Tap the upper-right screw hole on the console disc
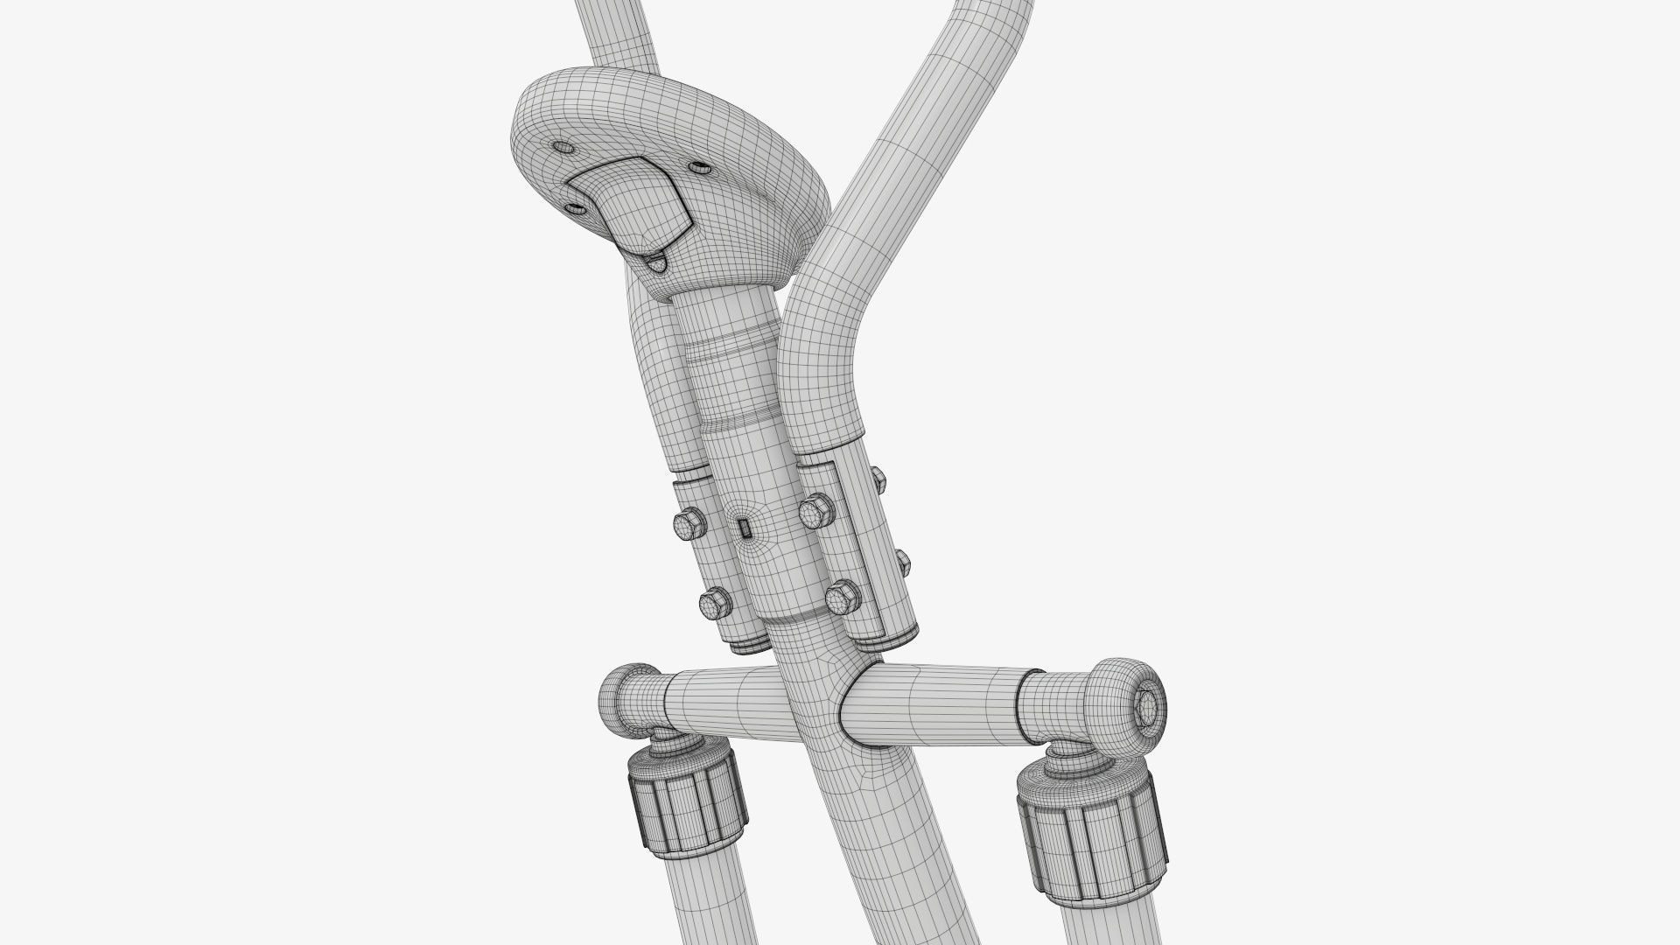pyautogui.click(x=697, y=166)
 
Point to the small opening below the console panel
pyautogui.click(x=654, y=260)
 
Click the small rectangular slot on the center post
pyautogui.click(x=744, y=528)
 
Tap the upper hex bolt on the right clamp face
pyautogui.click(x=815, y=510)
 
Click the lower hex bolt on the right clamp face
pyautogui.click(x=842, y=598)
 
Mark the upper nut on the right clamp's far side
pyautogui.click(x=878, y=477)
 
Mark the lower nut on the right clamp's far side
pyautogui.click(x=901, y=559)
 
